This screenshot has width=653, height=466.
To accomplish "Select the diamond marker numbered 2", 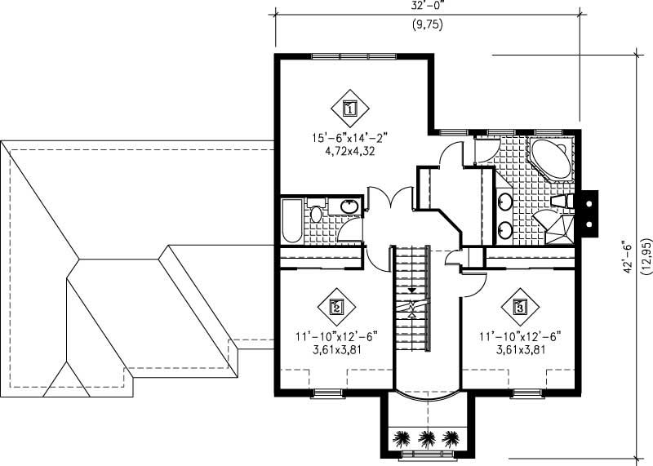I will click(335, 308).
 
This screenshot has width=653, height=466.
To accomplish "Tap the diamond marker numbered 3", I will click(520, 308).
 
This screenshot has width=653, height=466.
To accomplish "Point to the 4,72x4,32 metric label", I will click(349, 152).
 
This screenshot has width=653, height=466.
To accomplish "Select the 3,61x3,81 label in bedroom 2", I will click(335, 348).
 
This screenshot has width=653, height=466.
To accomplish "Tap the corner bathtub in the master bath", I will click(551, 158).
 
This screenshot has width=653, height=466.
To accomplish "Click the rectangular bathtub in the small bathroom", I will click(290, 221).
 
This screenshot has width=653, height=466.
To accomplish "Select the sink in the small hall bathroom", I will click(350, 206).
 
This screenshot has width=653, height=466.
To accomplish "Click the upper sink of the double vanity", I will click(506, 202).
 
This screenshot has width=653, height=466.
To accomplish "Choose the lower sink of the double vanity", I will click(506, 228).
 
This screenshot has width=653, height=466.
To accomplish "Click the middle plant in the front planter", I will click(425, 438).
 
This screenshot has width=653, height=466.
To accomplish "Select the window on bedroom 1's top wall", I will click(354, 56).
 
